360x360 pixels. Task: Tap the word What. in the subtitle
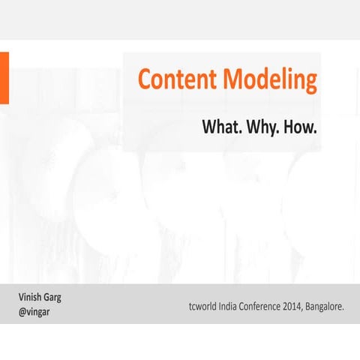point(222,127)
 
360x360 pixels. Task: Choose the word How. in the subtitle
point(303,127)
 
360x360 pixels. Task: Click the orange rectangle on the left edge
point(4,78)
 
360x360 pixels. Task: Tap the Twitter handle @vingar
point(34,311)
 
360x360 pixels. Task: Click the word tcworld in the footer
point(205,306)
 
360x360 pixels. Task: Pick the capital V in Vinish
point(21,297)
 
